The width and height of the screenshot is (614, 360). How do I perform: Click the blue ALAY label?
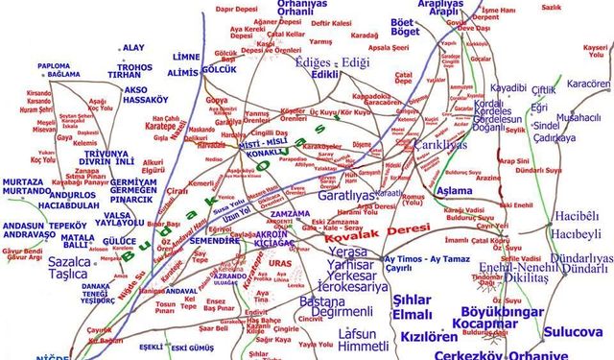[x=133, y=48]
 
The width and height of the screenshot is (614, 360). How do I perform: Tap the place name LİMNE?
[x=185, y=57]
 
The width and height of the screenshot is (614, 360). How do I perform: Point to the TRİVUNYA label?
[x=106, y=153]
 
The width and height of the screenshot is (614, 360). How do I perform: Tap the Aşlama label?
[x=454, y=191]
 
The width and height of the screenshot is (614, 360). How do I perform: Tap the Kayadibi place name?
[x=508, y=87]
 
